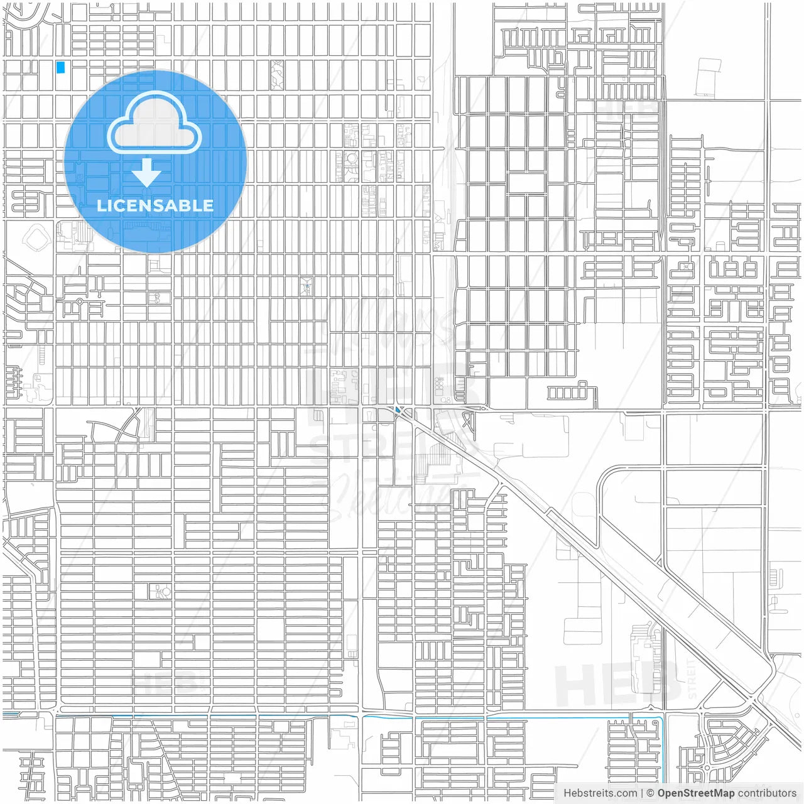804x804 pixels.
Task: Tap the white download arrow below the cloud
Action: coord(146,173)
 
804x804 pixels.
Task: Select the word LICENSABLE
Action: coord(155,205)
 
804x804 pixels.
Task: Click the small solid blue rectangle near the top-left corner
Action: coord(60,67)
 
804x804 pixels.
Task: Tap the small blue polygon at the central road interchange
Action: coord(399,411)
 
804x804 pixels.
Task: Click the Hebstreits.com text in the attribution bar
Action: coord(600,793)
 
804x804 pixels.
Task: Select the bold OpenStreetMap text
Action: coord(696,793)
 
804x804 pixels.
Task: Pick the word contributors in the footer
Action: coord(767,793)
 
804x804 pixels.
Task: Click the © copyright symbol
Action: coord(651,793)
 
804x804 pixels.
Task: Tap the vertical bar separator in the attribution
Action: coord(642,793)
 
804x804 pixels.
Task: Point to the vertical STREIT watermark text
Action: coord(692,678)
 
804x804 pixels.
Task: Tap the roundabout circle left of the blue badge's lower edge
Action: coord(80,302)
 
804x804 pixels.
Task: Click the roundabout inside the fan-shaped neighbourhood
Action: coord(708,767)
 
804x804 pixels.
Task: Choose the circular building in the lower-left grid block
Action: coord(166,591)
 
